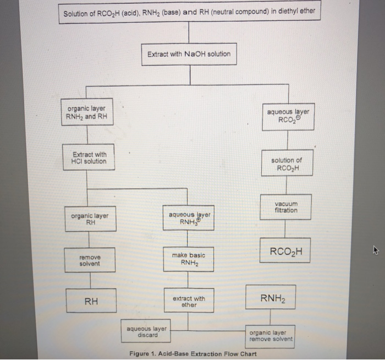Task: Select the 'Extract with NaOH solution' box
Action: tap(189, 54)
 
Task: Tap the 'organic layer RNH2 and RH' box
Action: tap(86, 112)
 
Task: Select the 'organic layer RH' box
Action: tap(90, 220)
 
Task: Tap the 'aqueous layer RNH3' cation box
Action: tap(188, 218)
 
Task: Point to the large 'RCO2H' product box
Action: tap(285, 253)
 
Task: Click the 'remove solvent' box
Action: tap(90, 260)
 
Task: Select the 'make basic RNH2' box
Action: tap(188, 259)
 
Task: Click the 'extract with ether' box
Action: tap(189, 302)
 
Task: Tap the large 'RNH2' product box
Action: tap(270, 298)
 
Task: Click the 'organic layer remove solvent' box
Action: tap(271, 336)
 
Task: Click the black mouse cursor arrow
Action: tap(376, 251)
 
